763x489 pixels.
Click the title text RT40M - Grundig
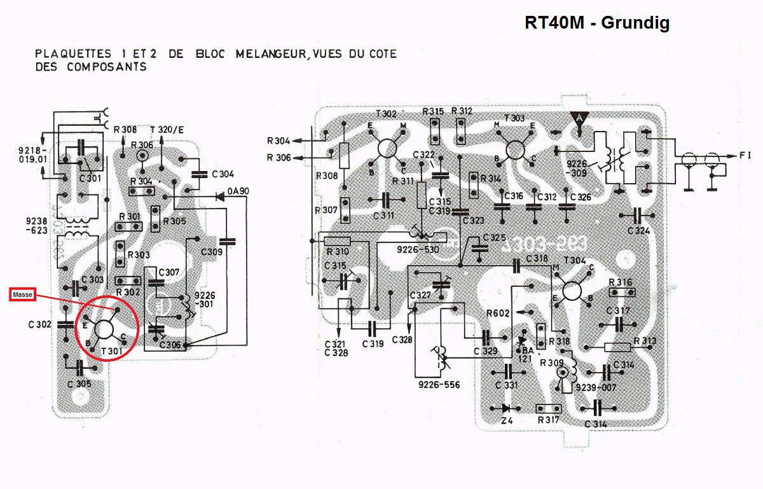[x=596, y=23]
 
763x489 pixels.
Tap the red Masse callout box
[x=22, y=294]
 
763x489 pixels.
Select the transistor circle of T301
[x=104, y=329]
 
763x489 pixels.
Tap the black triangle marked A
[x=579, y=119]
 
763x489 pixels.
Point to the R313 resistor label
[x=645, y=341]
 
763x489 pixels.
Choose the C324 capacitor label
[x=638, y=230]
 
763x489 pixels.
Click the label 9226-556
[x=439, y=385]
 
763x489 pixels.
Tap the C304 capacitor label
[x=223, y=174]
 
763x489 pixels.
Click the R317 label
[x=549, y=420]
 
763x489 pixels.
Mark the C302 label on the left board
[x=39, y=324]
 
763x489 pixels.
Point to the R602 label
[x=498, y=312]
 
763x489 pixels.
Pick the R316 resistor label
[x=620, y=282]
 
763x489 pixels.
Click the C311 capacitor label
[x=384, y=215]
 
